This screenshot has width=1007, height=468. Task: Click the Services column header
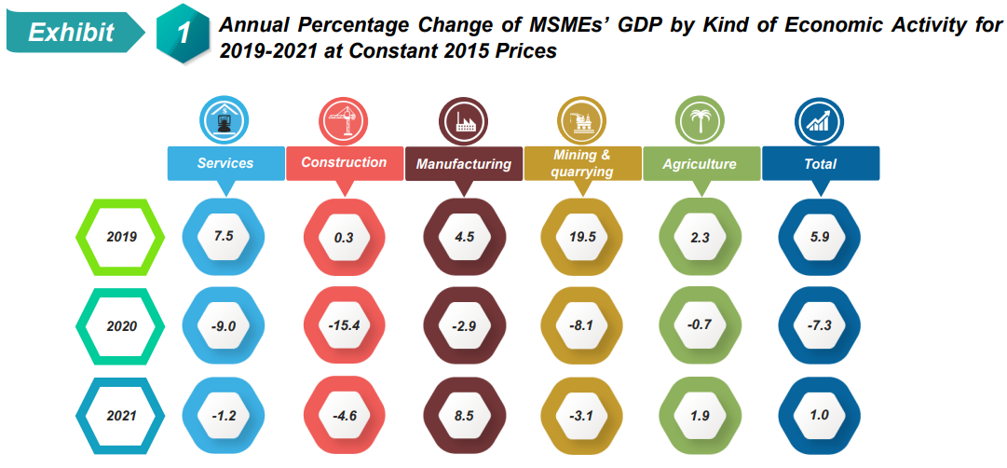point(225,163)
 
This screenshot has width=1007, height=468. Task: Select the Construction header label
point(344,162)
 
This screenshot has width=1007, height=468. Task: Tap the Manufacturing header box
point(464,164)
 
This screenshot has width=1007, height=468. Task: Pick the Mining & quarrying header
point(582,163)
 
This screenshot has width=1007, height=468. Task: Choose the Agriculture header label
point(700,164)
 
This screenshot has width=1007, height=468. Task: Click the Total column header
point(820,164)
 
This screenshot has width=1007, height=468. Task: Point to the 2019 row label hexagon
point(120,237)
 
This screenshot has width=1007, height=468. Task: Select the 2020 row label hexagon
point(120,326)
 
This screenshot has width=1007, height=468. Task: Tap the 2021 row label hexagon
point(120,416)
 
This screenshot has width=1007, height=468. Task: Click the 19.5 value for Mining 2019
point(582,237)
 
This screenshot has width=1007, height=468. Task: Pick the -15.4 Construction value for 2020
point(344,326)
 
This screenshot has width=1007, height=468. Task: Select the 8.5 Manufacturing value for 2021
point(464,416)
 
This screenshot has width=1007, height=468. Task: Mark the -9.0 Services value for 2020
point(224,326)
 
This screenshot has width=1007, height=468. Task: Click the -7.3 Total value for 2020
point(820,326)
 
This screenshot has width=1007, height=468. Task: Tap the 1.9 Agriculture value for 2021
point(700,416)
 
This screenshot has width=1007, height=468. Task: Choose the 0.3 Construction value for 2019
point(344,237)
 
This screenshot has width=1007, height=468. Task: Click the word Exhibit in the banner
point(71,33)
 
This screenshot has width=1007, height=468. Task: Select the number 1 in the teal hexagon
point(184,34)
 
